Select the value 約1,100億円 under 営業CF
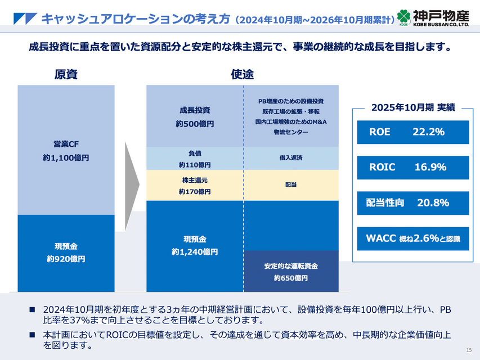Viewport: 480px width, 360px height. click(66, 159)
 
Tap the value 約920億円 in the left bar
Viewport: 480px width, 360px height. click(66, 259)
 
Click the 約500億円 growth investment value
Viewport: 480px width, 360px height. click(195, 124)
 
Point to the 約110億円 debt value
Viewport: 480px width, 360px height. click(195, 165)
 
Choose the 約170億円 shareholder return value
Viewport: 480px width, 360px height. click(195, 192)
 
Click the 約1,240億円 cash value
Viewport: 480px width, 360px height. click(195, 252)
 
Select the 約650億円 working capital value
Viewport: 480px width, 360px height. click(291, 278)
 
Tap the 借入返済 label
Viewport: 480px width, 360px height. click(291, 158)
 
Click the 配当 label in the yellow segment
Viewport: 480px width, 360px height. click(291, 184)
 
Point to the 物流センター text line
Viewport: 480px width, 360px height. click(291, 132)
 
